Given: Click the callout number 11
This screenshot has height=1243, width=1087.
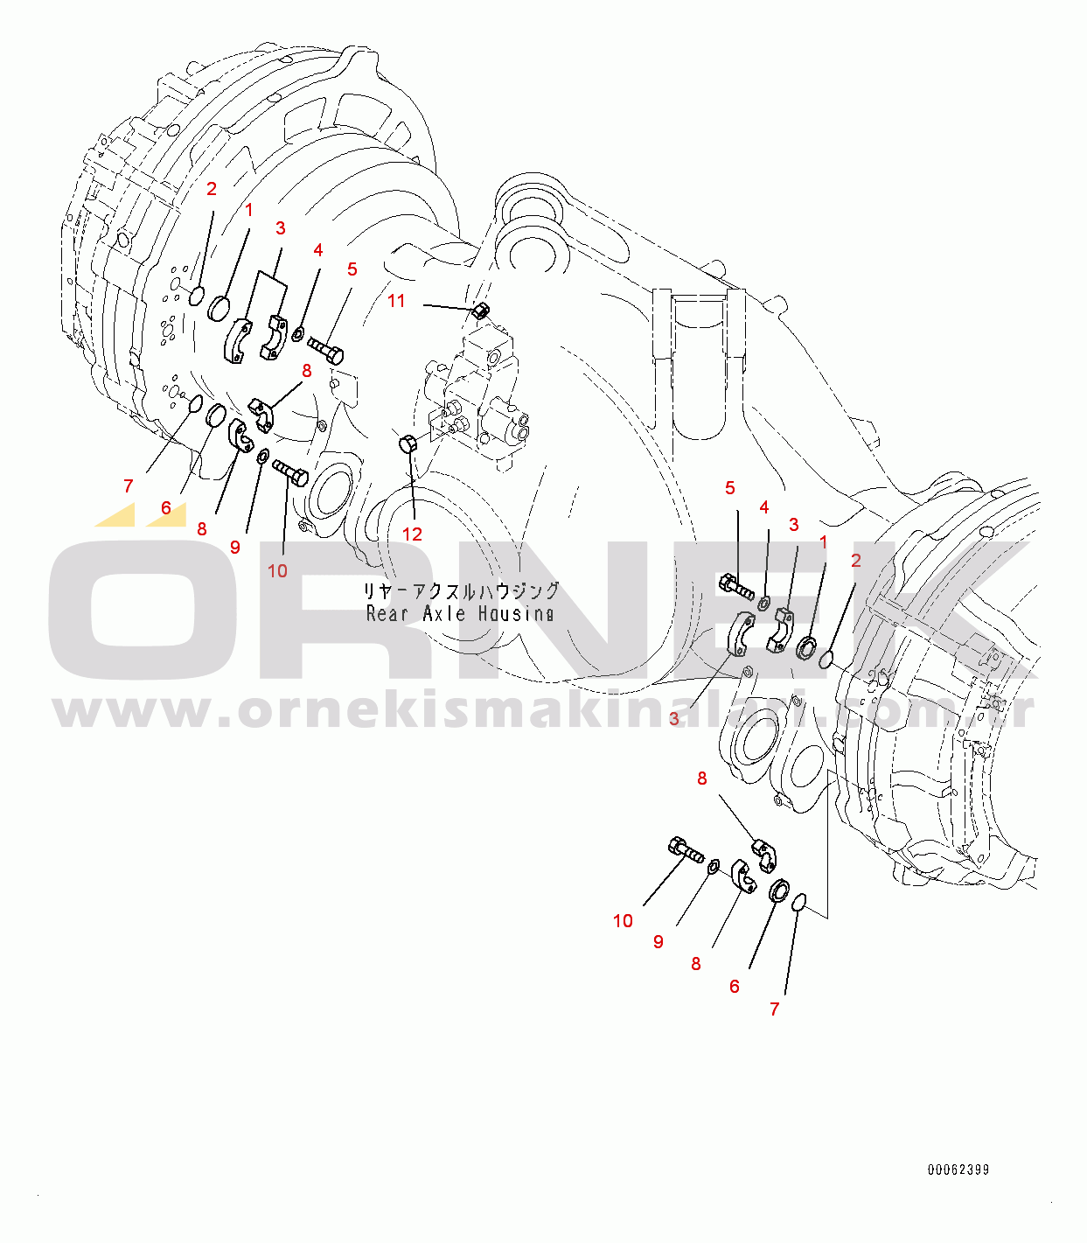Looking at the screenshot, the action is pyautogui.click(x=396, y=301).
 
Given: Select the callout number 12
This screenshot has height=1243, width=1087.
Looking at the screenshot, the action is pyautogui.click(x=412, y=534).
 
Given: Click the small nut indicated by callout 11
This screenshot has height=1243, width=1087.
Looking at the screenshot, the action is pyautogui.click(x=480, y=311).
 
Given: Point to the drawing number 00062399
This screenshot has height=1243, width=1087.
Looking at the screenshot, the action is pyautogui.click(x=958, y=1170).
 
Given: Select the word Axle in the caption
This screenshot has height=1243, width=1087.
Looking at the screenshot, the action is pyautogui.click(x=443, y=613).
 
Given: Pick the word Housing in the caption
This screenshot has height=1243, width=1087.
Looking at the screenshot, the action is pyautogui.click(x=516, y=613).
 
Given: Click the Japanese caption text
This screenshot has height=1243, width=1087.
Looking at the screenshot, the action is pyautogui.click(x=461, y=591).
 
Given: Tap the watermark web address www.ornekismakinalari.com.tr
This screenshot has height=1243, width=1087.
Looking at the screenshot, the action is pyautogui.click(x=544, y=712).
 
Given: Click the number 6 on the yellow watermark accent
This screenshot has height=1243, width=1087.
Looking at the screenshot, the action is pyautogui.click(x=166, y=508).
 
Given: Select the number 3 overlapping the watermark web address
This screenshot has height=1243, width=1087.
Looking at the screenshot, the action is pyautogui.click(x=674, y=719).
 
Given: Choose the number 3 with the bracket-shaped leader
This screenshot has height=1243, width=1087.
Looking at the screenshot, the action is pyautogui.click(x=280, y=228).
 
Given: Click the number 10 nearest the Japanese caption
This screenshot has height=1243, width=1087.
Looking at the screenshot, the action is pyautogui.click(x=277, y=571).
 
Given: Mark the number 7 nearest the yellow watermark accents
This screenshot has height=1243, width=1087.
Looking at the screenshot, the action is pyautogui.click(x=129, y=486).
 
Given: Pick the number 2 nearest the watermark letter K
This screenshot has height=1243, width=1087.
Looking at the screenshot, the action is pyautogui.click(x=855, y=561).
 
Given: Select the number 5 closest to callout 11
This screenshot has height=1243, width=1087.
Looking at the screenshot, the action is pyautogui.click(x=352, y=269).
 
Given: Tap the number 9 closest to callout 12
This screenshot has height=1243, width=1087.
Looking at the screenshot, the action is pyautogui.click(x=235, y=548).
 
